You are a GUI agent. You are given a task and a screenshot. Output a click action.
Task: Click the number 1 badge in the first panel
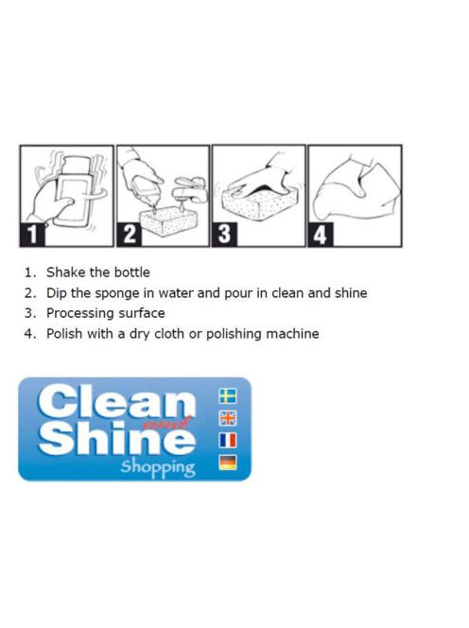[x=32, y=235]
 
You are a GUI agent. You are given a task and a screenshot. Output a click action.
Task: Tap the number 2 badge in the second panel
[x=129, y=235]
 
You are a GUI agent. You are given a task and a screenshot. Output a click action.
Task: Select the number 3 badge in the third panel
[x=225, y=235]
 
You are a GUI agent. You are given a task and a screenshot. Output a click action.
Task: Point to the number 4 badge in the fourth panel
[x=321, y=235]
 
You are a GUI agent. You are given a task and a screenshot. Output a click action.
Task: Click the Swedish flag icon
[x=228, y=395]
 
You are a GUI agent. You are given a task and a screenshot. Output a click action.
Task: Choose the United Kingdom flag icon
[x=228, y=418]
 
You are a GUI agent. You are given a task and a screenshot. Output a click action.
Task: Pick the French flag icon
[x=228, y=440]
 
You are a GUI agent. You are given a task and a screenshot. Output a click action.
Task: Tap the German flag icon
[x=228, y=462]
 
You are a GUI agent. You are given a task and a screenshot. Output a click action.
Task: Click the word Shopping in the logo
[x=158, y=468]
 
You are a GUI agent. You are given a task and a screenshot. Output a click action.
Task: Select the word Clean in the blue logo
[x=117, y=401]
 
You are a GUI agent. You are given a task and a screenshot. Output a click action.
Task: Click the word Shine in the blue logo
[x=117, y=437]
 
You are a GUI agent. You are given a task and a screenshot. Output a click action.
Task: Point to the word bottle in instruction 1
[x=132, y=272]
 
